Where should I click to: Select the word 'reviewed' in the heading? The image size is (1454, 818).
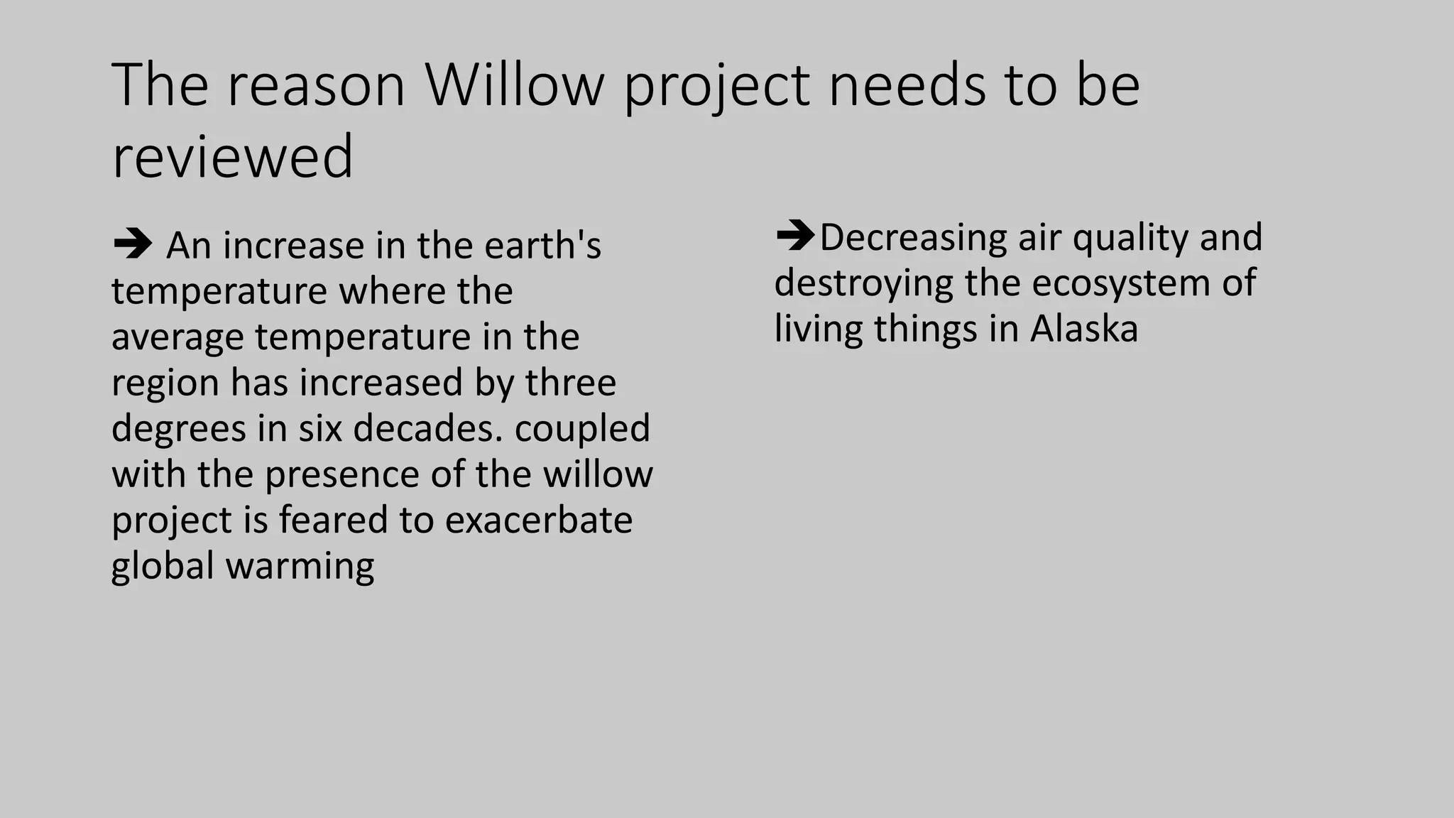coord(232,158)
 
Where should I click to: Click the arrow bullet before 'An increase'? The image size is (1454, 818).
coord(132,245)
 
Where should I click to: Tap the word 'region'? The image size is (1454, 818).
coord(165,383)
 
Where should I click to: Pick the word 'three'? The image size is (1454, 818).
coord(570,383)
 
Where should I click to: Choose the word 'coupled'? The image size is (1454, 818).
coord(581,429)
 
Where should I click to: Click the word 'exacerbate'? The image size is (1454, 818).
coord(538,520)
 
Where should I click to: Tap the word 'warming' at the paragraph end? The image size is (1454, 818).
coord(300,567)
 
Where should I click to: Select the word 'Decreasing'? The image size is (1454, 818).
coord(913,238)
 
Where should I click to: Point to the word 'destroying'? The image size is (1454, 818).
coord(863,283)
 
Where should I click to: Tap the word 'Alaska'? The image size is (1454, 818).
coord(1083,329)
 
